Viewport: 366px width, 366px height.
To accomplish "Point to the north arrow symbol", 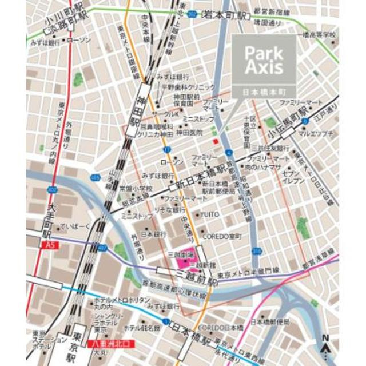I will click(325, 345).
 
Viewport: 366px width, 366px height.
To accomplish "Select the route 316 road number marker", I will click(257, 251).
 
